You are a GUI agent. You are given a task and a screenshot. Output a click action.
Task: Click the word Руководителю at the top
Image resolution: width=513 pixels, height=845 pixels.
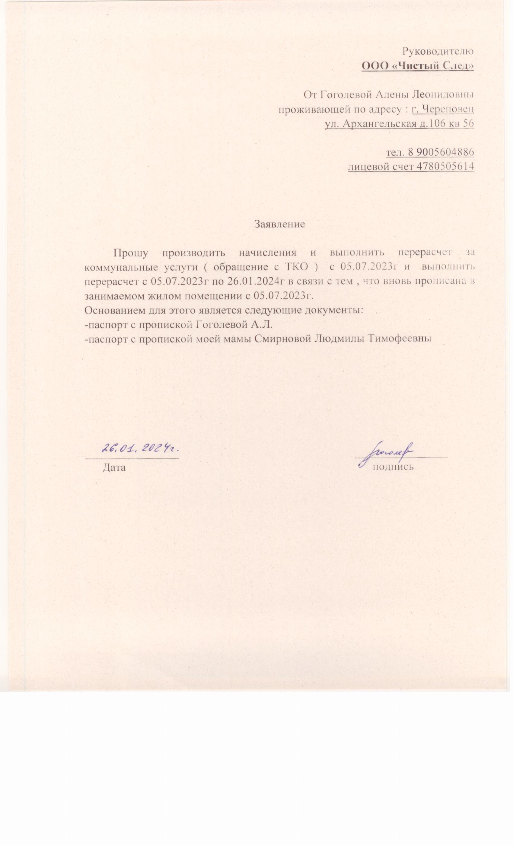[438, 51]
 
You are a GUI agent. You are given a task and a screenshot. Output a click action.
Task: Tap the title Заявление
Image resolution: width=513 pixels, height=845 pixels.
[279, 224]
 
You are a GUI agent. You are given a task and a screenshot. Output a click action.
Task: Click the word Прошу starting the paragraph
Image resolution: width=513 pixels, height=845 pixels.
[131, 253]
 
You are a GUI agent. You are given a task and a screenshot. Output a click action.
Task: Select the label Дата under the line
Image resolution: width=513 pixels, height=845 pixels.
[114, 467]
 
